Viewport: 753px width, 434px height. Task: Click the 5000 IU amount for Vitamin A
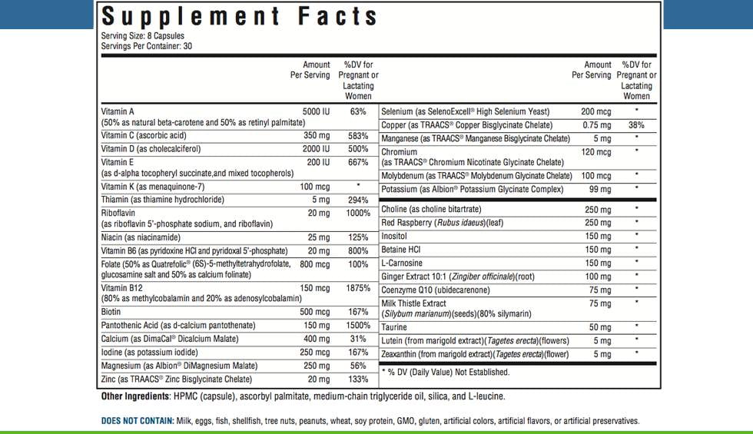(316, 111)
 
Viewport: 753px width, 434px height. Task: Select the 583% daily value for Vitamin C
(357, 135)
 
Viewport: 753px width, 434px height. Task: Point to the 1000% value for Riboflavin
(357, 213)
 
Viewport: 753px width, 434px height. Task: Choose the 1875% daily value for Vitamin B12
(357, 289)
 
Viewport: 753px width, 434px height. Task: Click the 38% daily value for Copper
(636, 124)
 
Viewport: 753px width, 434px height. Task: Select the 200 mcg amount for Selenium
(597, 111)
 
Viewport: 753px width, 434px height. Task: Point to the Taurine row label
(395, 327)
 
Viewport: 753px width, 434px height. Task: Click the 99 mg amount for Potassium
(600, 189)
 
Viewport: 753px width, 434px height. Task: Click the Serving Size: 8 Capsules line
(142, 36)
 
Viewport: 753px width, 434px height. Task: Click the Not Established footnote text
(446, 372)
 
